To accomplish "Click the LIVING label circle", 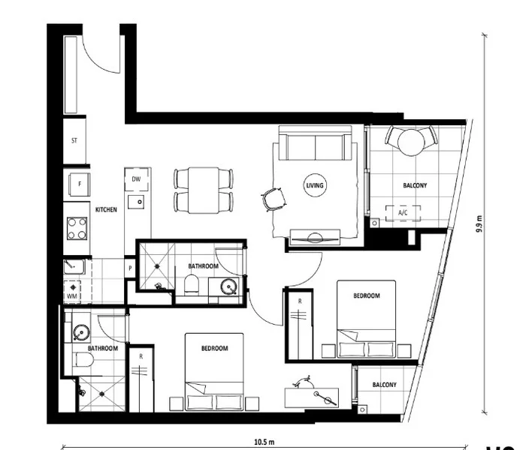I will coord(315,184).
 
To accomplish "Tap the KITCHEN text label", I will coord(106,211).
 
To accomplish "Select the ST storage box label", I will coord(74,140).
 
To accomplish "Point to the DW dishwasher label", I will coord(136,179).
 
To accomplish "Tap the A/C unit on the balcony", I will coord(402,212).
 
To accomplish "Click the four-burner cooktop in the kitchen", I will coord(77,227).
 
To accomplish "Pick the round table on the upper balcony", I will coord(410,140).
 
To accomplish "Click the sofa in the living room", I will coord(314,145).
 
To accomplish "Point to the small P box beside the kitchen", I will coord(130,266).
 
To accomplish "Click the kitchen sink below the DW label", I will coord(136,202).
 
